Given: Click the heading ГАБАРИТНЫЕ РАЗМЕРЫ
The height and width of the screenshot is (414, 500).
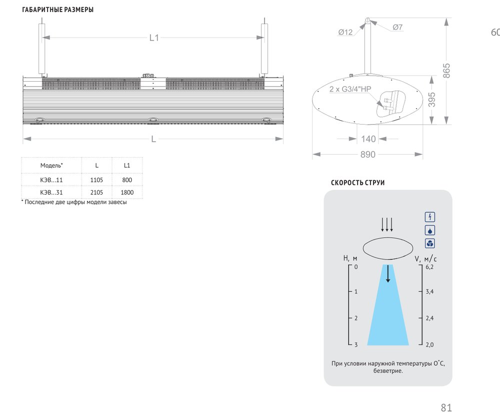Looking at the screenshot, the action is [57, 10].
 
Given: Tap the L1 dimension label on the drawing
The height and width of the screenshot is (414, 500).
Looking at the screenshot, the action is [154, 38].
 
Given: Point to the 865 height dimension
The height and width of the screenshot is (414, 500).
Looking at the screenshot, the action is [446, 71].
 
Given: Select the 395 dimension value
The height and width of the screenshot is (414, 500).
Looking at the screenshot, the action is [431, 99].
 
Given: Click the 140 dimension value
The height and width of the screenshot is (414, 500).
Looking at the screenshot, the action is [368, 139].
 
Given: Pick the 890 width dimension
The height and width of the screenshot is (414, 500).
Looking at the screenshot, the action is [367, 155].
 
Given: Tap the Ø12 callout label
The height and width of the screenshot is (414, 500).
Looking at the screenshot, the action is [345, 32].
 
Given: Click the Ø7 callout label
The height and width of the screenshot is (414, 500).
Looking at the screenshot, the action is [397, 27].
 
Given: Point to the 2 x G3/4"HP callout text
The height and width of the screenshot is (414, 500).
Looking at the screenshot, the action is [350, 89].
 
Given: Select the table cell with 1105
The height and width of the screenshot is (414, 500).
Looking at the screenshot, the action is [96, 180].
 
